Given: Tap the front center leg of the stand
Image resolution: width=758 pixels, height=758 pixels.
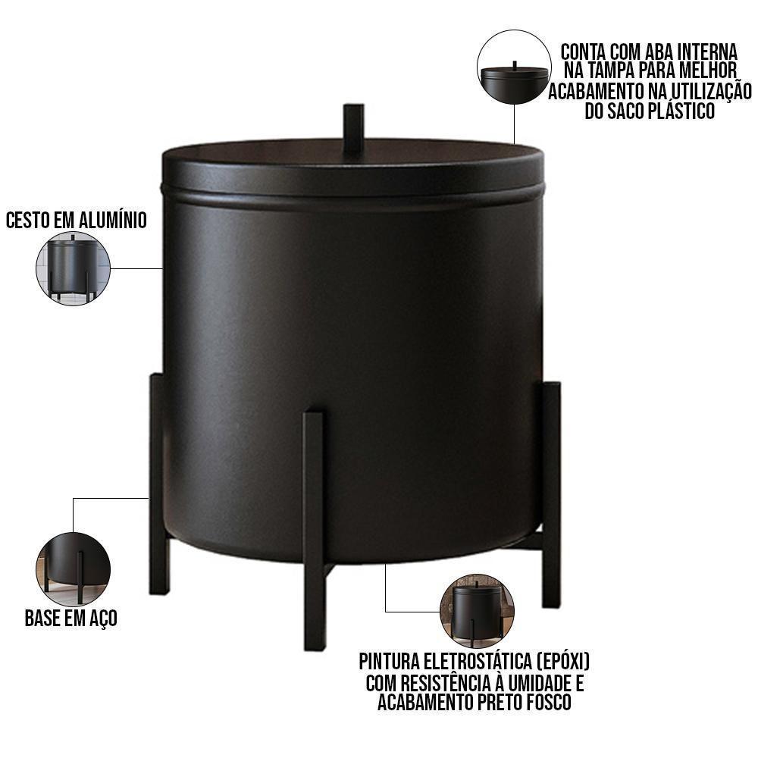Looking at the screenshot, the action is [x=315, y=531].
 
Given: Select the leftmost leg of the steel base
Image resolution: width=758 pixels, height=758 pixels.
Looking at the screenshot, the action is [x=158, y=484].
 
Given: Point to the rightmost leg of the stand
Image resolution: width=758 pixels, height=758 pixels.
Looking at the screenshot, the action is [x=550, y=494].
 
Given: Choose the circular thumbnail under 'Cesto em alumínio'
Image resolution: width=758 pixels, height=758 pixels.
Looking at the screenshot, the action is [x=74, y=268].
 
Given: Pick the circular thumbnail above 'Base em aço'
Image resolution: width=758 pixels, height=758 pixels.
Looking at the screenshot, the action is [x=74, y=569].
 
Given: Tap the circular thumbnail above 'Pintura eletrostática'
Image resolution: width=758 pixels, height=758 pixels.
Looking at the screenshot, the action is [x=477, y=612].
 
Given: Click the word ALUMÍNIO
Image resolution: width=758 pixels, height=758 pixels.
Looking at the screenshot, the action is [x=112, y=220].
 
